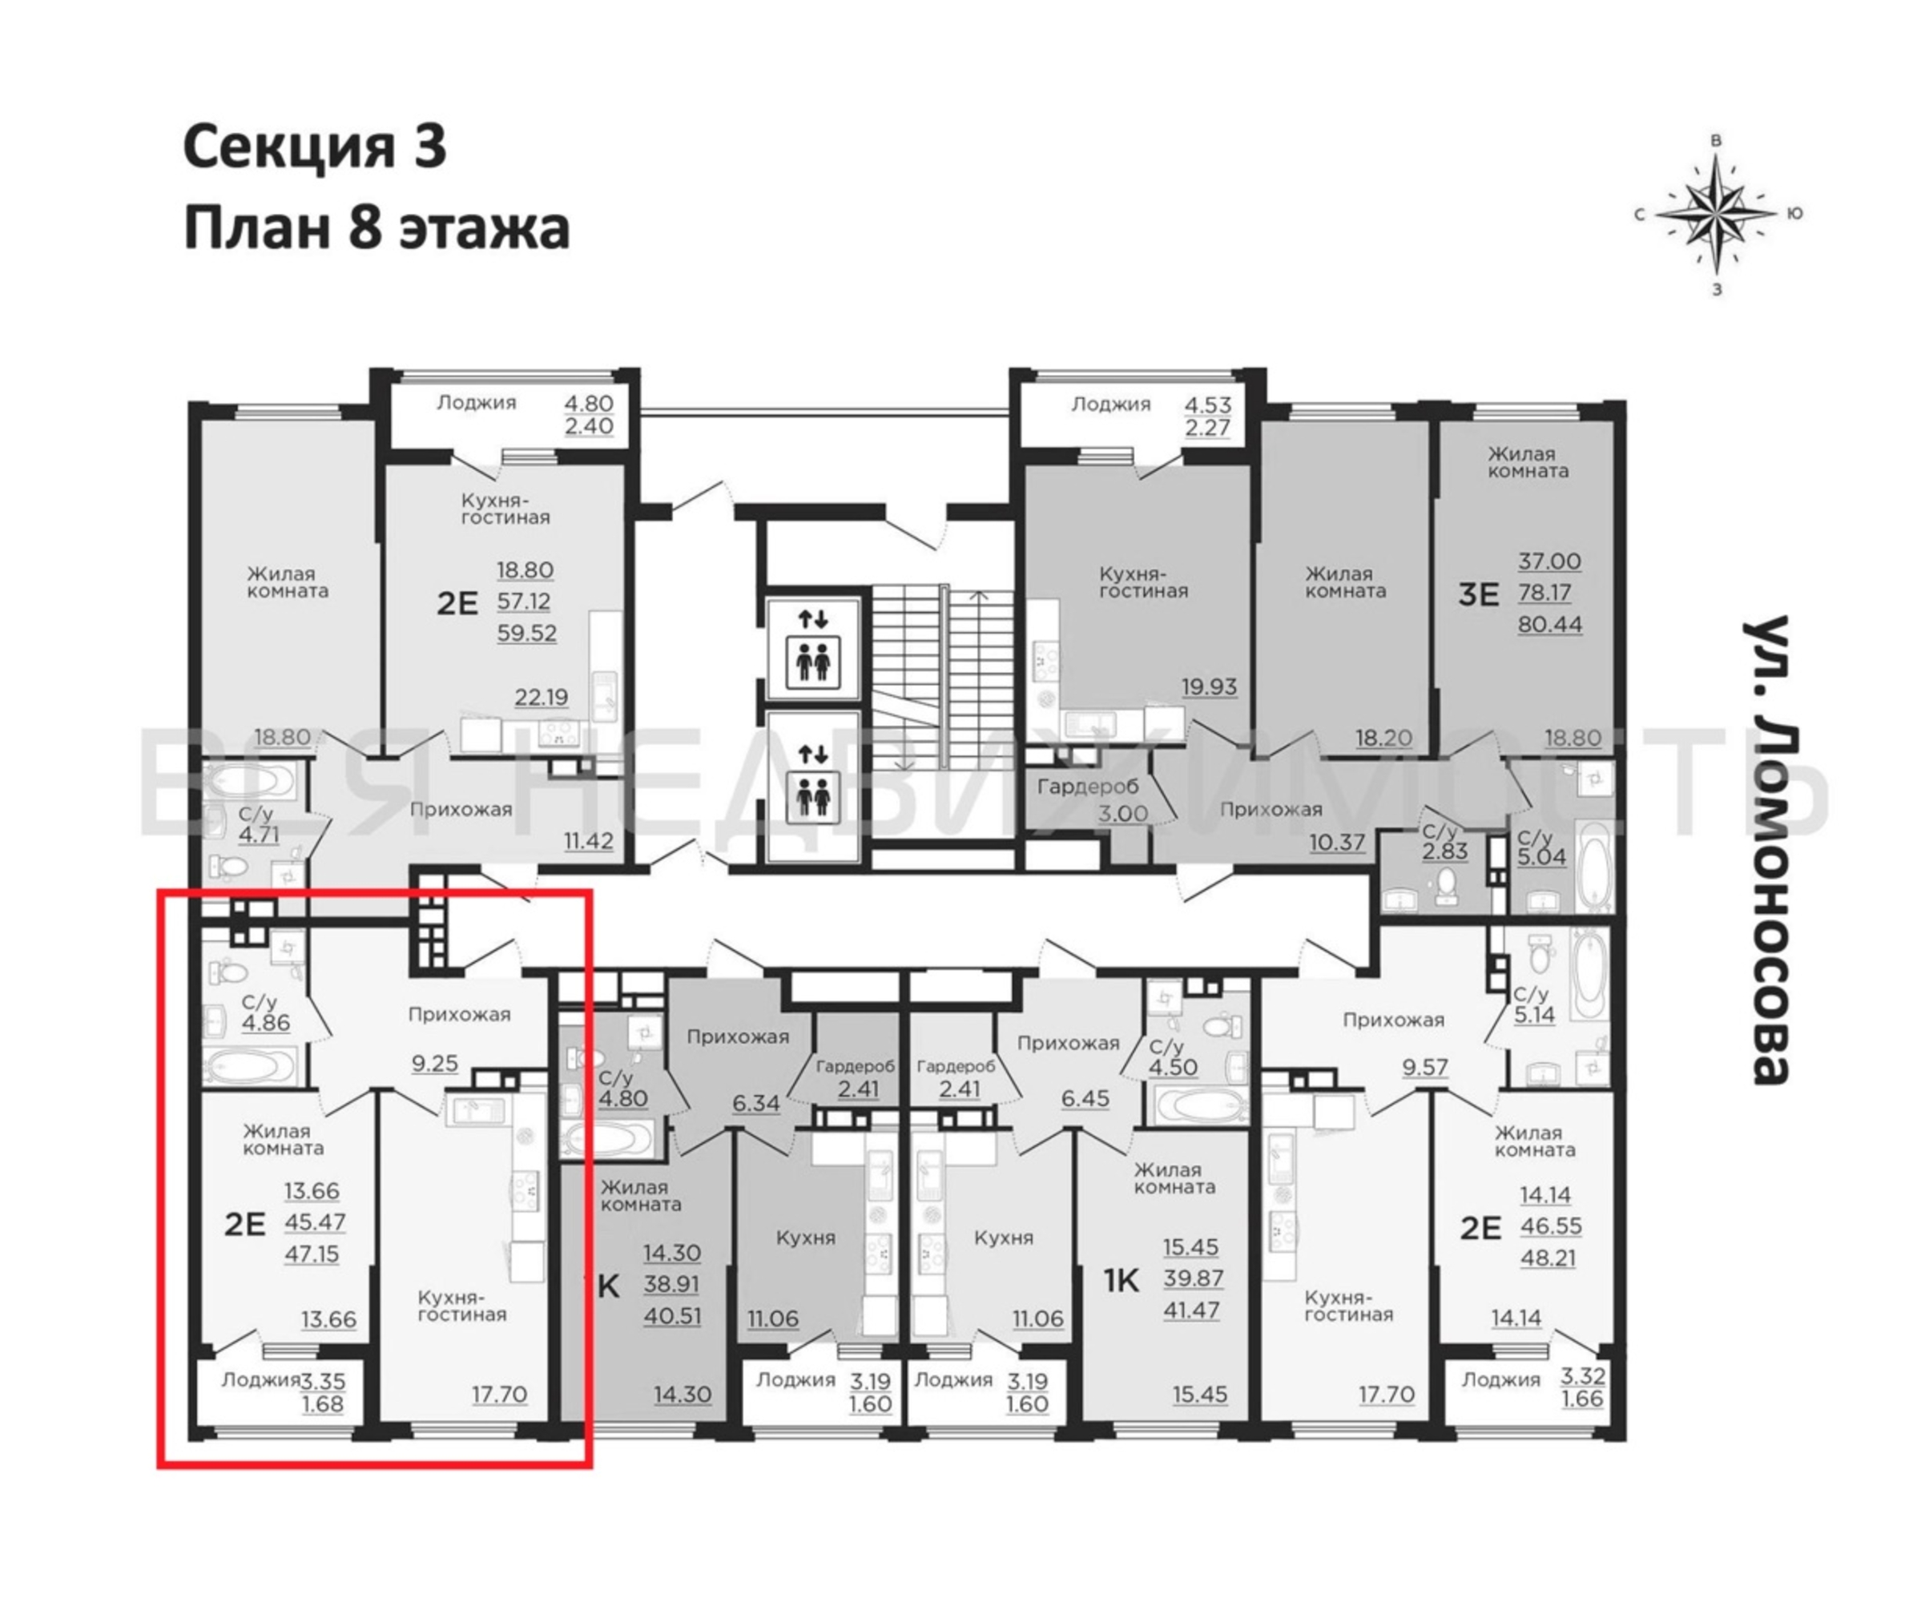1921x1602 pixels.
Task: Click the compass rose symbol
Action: (1717, 215)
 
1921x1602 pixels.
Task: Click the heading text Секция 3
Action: (315, 147)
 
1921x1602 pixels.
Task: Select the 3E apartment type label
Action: (1478, 594)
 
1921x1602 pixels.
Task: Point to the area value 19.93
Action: (1210, 686)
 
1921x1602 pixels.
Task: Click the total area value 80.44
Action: (1549, 625)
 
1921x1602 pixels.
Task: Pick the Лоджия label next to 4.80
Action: (476, 403)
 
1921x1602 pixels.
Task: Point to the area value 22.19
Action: (541, 697)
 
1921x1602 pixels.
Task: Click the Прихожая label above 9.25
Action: (459, 1015)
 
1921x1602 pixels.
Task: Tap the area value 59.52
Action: (527, 633)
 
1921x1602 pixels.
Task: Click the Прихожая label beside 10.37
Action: (1271, 810)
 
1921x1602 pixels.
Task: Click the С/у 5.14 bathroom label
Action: (1534, 1004)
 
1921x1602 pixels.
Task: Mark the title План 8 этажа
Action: (377, 229)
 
